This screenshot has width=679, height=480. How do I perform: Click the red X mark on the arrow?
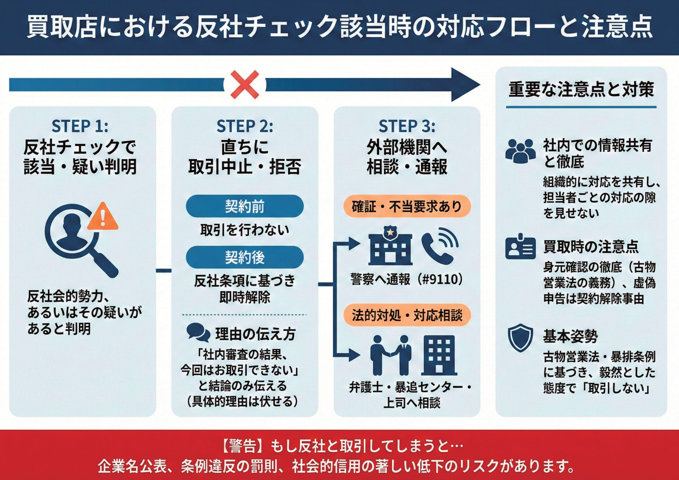coord(245,85)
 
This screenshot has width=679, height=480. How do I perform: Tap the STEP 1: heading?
coord(80,126)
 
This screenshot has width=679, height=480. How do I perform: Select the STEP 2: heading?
coord(245,126)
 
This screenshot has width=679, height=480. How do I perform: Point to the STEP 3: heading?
coord(407,126)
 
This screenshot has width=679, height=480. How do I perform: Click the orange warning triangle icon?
coord(103,217)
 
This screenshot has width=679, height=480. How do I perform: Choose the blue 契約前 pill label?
coord(245,206)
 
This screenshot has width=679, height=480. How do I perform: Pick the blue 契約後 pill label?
coord(245,257)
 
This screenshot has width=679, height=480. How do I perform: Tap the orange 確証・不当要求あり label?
coord(407,206)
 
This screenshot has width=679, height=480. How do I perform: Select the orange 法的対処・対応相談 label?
coord(407,315)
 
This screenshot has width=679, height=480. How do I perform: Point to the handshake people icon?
coord(391,355)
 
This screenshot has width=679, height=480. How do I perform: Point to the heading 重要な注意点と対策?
coord(581,89)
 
